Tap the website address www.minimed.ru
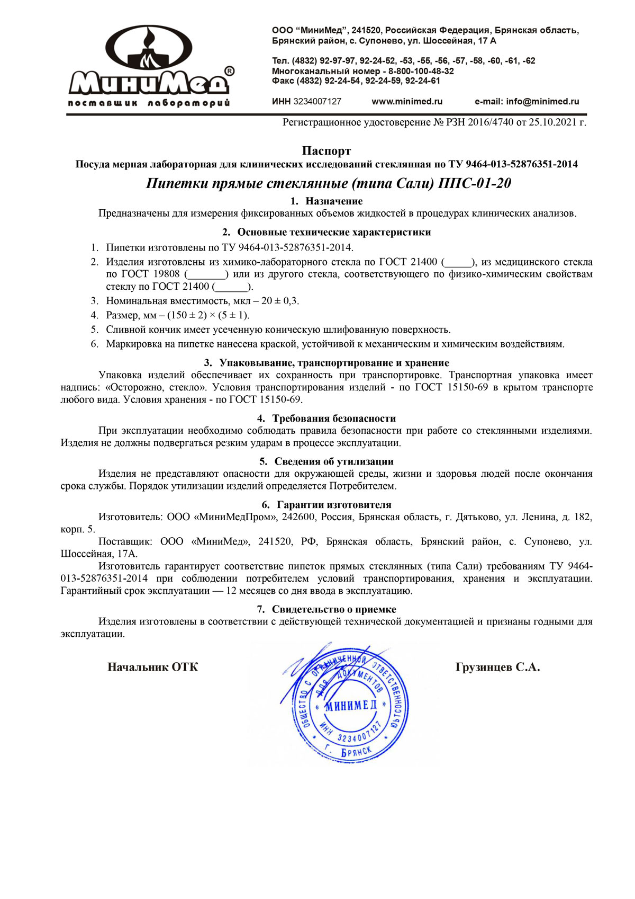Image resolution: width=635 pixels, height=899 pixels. [407, 101]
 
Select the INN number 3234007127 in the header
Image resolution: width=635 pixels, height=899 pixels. [317, 101]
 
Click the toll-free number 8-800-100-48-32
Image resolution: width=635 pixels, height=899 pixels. [421, 71]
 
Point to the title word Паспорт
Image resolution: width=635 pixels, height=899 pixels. [326, 151]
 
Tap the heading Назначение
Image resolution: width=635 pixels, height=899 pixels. [334, 201]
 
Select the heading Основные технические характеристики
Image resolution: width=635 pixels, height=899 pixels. [334, 232]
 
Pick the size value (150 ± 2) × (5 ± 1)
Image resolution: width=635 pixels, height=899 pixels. [208, 315]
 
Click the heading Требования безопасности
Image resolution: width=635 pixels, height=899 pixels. [334, 419]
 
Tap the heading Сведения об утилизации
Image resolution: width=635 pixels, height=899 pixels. [334, 461]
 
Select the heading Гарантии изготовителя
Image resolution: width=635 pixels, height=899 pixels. [334, 505]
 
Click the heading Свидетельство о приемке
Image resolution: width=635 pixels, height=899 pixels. [334, 609]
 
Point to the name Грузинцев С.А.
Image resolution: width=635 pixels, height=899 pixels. [497, 667]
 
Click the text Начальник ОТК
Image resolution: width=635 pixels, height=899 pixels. [153, 667]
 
